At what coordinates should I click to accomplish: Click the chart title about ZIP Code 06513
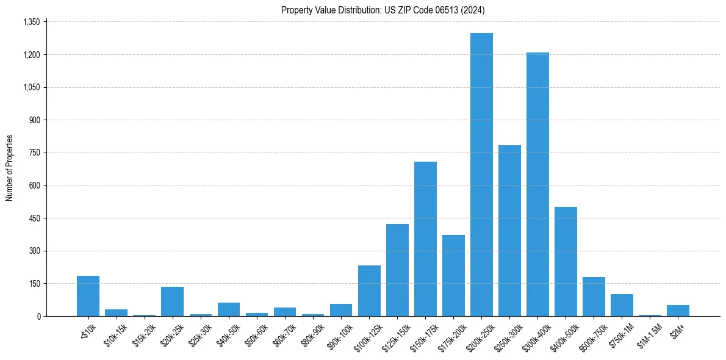[383, 10]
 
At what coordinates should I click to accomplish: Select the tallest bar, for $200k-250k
[481, 175]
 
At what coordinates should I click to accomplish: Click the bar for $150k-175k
[425, 239]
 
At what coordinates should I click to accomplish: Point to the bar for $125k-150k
[397, 270]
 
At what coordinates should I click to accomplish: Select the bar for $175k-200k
[453, 275]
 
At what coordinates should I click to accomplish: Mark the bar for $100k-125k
[369, 290]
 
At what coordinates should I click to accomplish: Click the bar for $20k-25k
[172, 301]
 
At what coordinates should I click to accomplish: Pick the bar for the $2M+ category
[678, 311]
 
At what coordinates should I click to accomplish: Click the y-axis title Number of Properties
[10, 168]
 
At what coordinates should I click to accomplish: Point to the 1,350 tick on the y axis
[31, 22]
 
